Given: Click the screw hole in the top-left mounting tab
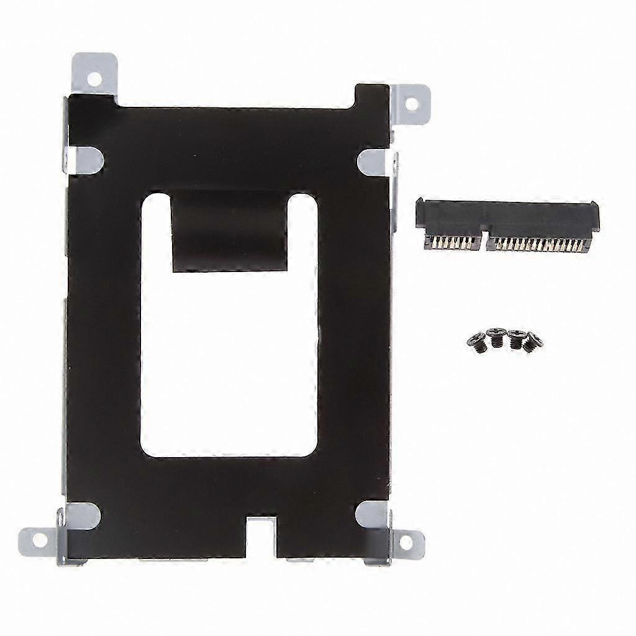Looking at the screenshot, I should [x=94, y=79].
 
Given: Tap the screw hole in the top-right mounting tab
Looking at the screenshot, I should [x=411, y=103].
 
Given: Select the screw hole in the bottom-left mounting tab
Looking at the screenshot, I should [x=40, y=540].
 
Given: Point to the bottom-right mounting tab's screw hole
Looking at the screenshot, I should [x=406, y=542].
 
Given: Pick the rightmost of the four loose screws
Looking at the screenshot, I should [x=533, y=342].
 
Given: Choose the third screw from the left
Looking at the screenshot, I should [x=516, y=338].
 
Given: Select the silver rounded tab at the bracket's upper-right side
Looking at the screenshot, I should [x=375, y=161].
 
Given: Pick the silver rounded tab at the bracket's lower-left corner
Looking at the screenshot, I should [x=81, y=515].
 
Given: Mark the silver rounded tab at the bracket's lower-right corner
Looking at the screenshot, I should [x=373, y=514].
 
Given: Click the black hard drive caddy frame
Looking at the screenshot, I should [x=106, y=311].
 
